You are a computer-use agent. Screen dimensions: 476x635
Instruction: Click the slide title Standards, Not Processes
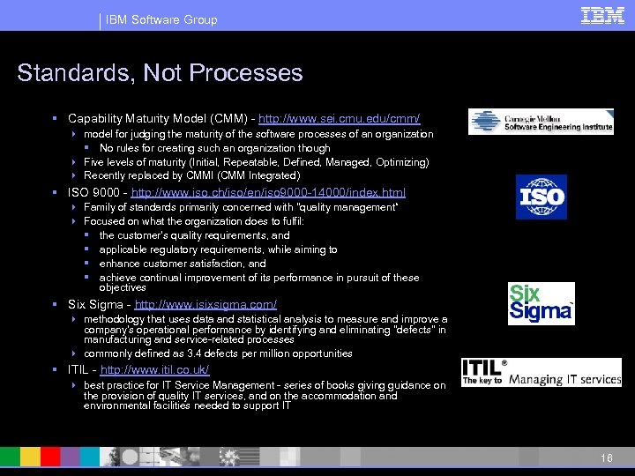pos(160,72)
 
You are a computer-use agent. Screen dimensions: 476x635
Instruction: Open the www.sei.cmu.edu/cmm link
pos(340,118)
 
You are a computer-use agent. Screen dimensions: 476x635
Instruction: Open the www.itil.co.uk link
pos(155,369)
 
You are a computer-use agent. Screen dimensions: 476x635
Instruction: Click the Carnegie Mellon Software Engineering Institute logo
pos(541,122)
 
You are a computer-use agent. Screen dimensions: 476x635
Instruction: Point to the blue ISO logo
pos(541,197)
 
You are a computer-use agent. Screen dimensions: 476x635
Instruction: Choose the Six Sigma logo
pos(541,303)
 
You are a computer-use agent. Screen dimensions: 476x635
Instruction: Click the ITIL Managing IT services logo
pos(541,372)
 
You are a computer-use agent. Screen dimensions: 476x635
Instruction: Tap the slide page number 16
pos(606,458)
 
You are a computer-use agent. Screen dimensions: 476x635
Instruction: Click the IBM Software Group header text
pos(161,19)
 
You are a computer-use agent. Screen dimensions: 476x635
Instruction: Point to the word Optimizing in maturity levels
pos(402,162)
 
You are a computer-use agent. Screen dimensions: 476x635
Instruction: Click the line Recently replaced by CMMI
pos(191,176)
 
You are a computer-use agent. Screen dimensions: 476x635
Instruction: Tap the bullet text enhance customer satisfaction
pos(183,264)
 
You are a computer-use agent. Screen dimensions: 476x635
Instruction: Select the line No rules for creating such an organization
pos(214,148)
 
